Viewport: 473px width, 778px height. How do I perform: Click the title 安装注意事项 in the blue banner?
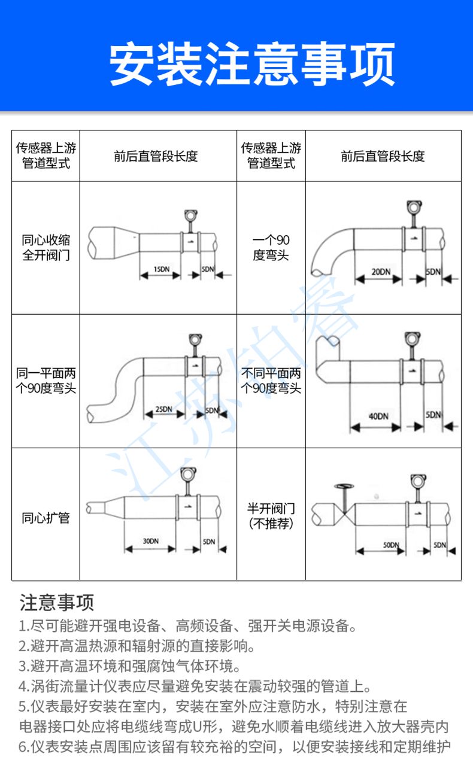click(252, 63)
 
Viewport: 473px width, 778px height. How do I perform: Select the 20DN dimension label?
click(381, 271)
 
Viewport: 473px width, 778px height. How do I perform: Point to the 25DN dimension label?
click(163, 409)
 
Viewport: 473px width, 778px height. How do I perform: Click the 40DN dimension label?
click(377, 416)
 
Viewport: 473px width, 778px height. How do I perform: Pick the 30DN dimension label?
click(151, 541)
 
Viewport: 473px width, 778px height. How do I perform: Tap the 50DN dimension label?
click(390, 545)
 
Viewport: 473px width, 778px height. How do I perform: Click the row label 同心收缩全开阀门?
click(46, 248)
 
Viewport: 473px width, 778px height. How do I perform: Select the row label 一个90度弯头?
click(271, 248)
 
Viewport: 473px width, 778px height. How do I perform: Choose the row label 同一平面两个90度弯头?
click(46, 381)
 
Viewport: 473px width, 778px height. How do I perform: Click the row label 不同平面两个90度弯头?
click(271, 381)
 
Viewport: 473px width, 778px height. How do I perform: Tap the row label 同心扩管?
click(46, 518)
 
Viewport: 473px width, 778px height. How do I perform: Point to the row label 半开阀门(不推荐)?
click(271, 516)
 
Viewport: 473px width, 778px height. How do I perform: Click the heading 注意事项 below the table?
click(57, 601)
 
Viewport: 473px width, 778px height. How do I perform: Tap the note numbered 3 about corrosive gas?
click(129, 666)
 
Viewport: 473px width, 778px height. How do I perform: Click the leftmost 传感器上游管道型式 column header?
click(46, 156)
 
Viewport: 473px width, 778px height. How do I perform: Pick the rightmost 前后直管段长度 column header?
click(383, 156)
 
